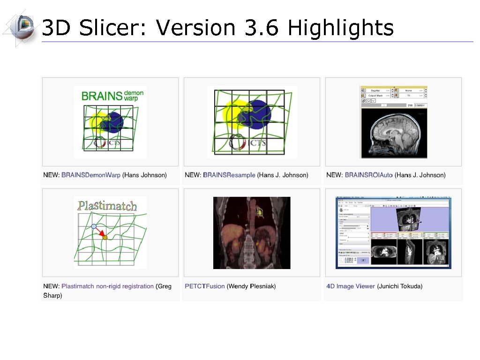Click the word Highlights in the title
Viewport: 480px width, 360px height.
coord(341,28)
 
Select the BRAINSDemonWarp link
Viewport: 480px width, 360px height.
coord(91,175)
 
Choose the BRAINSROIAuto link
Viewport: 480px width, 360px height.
coord(368,175)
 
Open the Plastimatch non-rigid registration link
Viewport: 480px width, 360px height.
coord(107,286)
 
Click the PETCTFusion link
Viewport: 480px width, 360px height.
coord(205,286)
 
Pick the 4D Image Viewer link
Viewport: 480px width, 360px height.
coord(351,286)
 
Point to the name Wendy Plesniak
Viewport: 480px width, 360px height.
coord(251,286)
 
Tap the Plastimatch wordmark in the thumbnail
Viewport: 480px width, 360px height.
coord(107,205)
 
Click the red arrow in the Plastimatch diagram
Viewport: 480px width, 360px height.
coord(99,232)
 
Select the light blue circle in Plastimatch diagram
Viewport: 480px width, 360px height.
coord(94,226)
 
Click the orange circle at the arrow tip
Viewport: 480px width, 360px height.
coord(105,238)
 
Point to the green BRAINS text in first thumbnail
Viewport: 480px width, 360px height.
coord(102,96)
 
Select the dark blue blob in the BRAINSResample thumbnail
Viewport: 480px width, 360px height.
coord(256,114)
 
